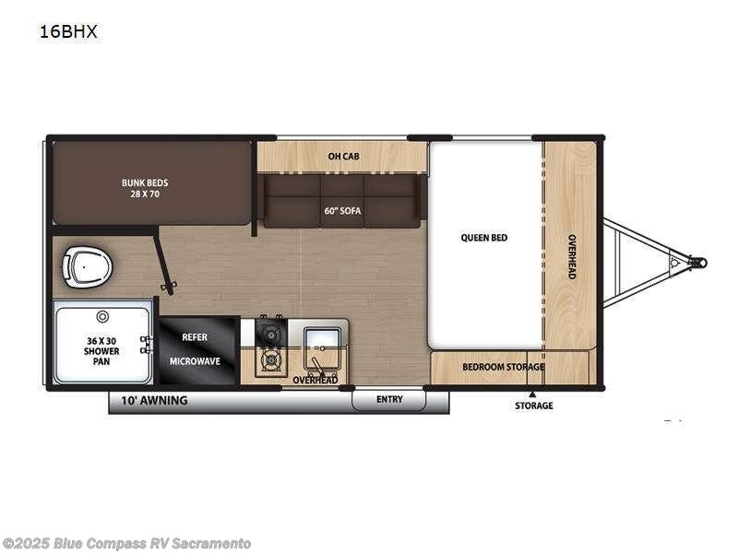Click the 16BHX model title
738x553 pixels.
click(68, 32)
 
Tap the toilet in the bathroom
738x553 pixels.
click(87, 266)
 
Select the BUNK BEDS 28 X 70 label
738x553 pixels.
click(145, 189)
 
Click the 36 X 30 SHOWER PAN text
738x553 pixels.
click(101, 346)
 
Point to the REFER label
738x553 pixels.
click(194, 337)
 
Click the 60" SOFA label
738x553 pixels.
click(342, 211)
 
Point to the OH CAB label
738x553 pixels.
click(343, 157)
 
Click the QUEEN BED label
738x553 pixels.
click(483, 238)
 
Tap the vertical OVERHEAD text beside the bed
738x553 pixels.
click(571, 257)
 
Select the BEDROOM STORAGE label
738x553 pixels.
click(504, 367)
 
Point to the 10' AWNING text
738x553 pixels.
click(154, 401)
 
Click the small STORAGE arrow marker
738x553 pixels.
click(532, 394)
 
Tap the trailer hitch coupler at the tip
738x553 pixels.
click(700, 263)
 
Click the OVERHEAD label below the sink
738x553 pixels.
click(315, 380)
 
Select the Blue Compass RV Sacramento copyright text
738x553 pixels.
click(126, 544)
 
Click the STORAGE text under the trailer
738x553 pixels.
click(533, 406)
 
